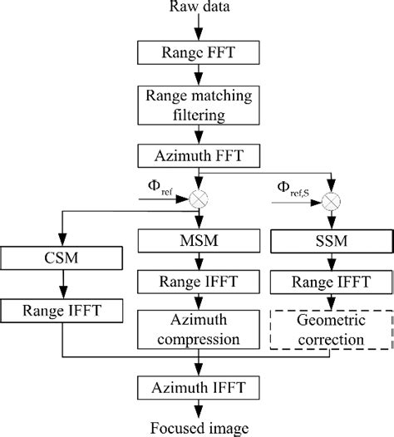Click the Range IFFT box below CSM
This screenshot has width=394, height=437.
point(61,312)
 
